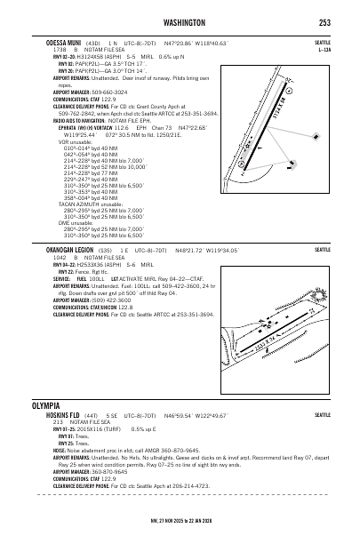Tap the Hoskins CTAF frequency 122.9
[108, 477]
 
